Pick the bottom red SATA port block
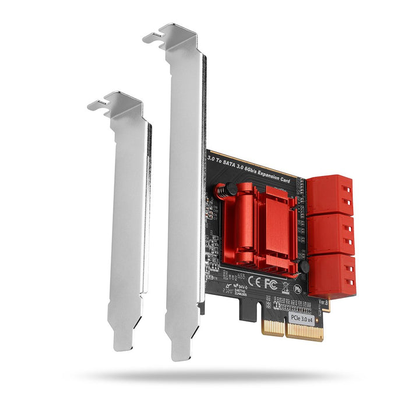coord(330,274)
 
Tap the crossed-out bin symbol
coord(286,287)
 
